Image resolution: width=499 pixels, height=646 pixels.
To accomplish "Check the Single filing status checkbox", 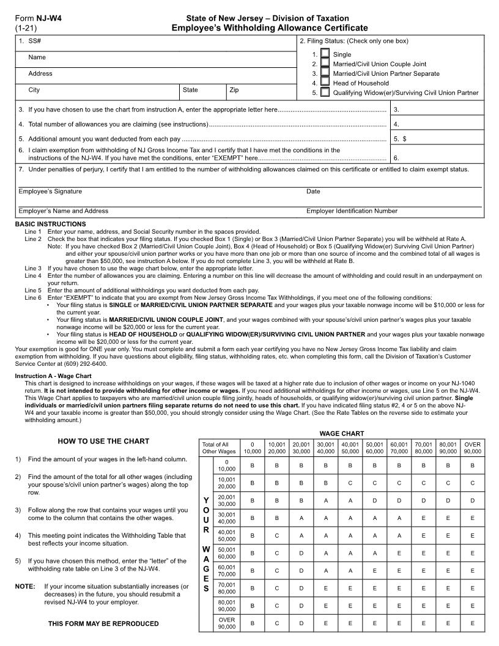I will pyautogui.click(x=325, y=54).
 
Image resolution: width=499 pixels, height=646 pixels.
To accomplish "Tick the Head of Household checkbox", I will pyautogui.click(x=325, y=83).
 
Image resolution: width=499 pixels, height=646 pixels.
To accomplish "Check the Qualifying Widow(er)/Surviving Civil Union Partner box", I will pyautogui.click(x=325, y=92).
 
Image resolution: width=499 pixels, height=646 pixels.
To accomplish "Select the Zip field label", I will pyautogui.click(x=234, y=90).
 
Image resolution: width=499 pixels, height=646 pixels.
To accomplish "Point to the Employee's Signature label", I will pyautogui.click(x=50, y=191).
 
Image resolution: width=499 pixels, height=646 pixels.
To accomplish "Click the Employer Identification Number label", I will pyautogui.click(x=352, y=211).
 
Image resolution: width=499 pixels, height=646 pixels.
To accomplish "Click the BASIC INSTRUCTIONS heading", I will pyautogui.click(x=50, y=224).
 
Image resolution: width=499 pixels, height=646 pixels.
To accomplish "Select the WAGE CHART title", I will pyautogui.click(x=342, y=433).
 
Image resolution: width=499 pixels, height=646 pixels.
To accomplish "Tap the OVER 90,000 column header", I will pyautogui.click(x=472, y=447).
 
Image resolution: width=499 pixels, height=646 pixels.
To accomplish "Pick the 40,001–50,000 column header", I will pyautogui.click(x=350, y=447).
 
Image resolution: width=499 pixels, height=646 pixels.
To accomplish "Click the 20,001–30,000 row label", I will pyautogui.click(x=226, y=500).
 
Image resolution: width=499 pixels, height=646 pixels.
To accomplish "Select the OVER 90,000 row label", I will pyautogui.click(x=226, y=623).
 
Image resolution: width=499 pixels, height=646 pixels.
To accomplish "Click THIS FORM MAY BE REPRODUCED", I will pyautogui.click(x=103, y=623).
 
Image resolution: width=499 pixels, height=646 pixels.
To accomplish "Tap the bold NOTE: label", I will pyautogui.click(x=25, y=586).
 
